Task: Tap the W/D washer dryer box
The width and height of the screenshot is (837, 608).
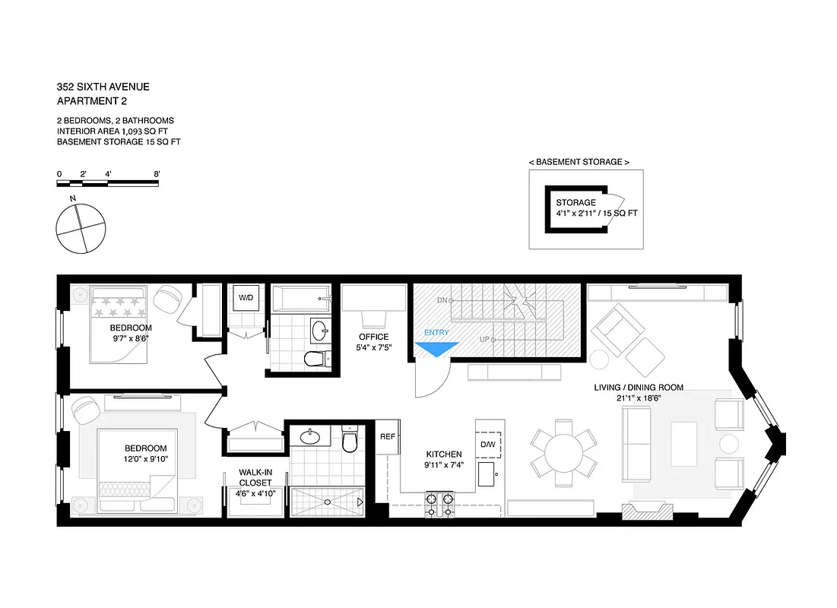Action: click(246, 297)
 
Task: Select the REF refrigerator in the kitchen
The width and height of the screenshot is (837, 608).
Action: click(388, 436)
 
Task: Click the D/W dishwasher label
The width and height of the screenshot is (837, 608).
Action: click(487, 444)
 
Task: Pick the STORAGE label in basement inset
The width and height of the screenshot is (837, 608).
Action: click(575, 203)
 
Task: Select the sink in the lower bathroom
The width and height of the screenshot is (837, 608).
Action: click(311, 436)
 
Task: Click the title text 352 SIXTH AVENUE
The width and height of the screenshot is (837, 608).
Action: click(103, 87)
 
